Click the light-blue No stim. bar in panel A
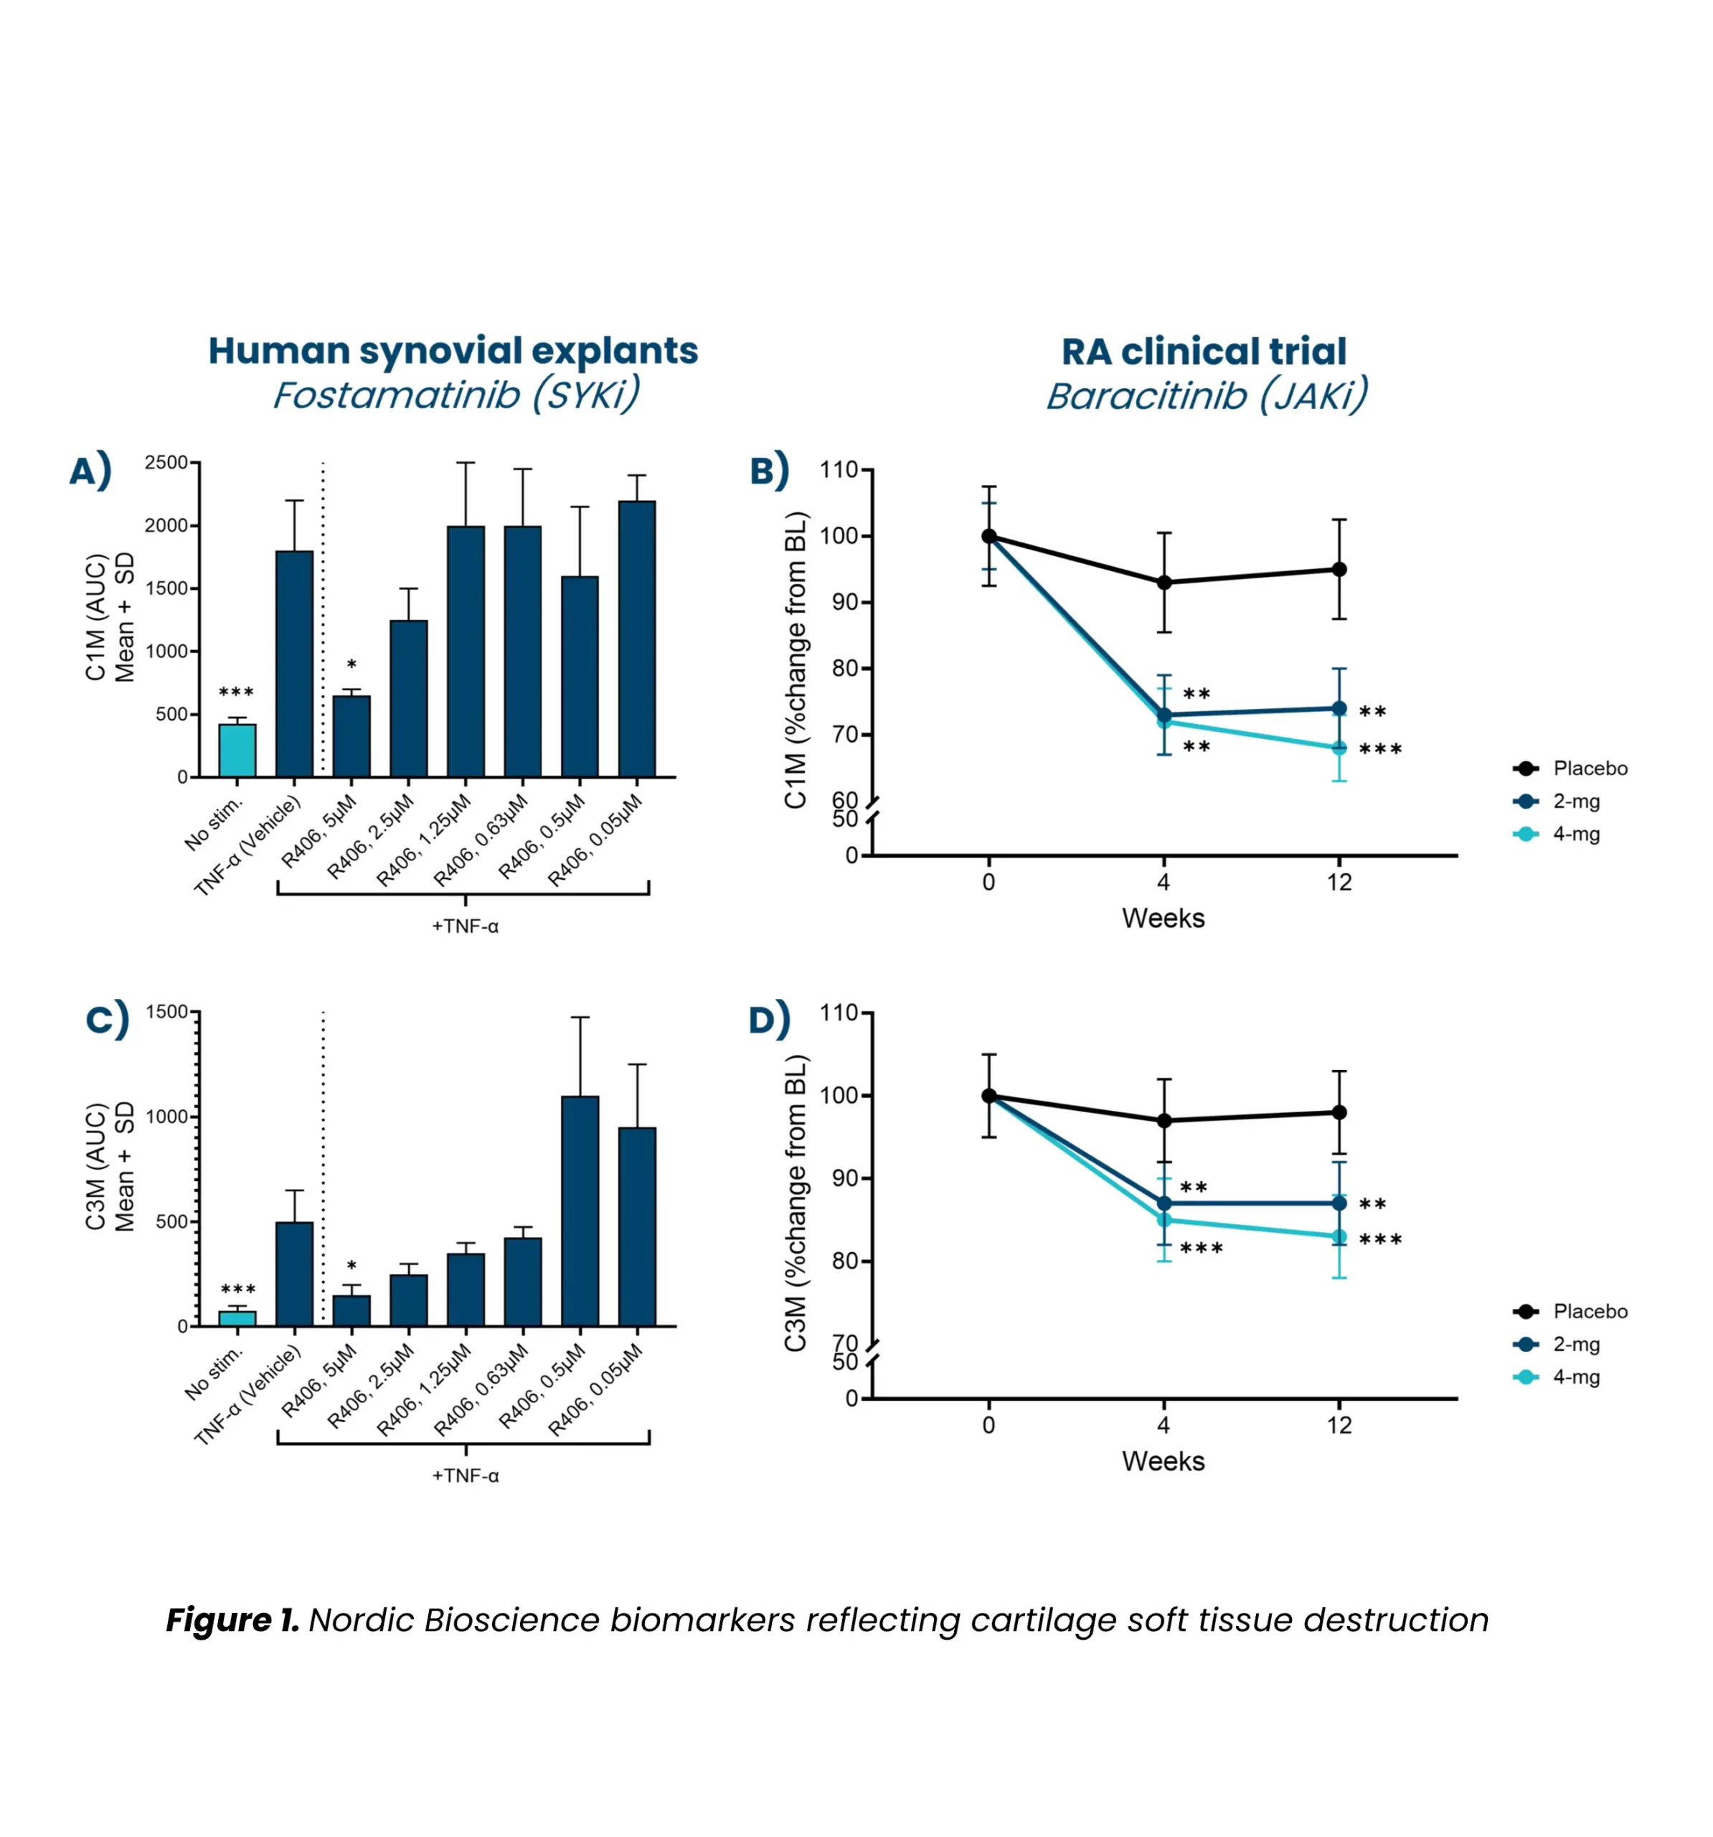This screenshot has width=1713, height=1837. (x=237, y=751)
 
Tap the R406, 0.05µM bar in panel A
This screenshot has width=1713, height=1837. (x=636, y=639)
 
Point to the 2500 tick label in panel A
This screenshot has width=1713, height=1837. (x=166, y=462)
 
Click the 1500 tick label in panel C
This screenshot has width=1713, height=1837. (x=167, y=1012)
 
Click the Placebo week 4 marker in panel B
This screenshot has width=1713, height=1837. (x=1164, y=582)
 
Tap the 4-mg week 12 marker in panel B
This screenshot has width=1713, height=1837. (x=1339, y=748)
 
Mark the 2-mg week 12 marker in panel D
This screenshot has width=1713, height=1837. (x=1339, y=1203)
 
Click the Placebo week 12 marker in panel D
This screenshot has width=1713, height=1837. (x=1339, y=1112)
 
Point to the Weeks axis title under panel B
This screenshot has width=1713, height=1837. (x=1164, y=918)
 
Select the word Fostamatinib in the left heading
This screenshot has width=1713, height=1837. (x=397, y=395)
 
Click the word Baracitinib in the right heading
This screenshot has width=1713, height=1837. (x=1146, y=396)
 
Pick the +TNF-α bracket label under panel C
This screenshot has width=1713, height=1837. (x=465, y=1475)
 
